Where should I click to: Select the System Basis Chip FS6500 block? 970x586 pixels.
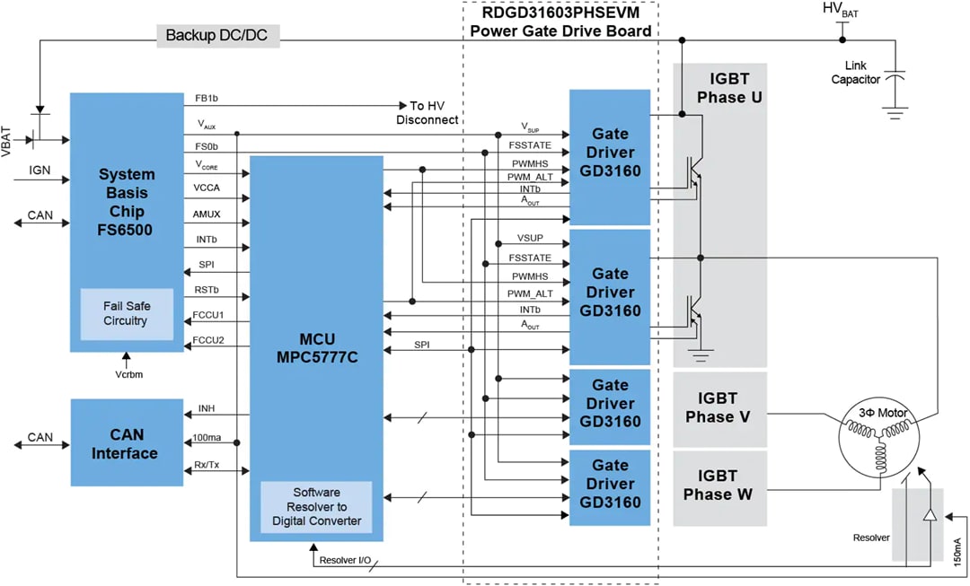click(127, 203)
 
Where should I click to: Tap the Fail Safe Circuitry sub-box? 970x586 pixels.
click(126, 314)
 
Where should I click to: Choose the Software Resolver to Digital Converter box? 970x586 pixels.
click(315, 507)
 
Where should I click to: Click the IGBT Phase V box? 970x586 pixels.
click(719, 408)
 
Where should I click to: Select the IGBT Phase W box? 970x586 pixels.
click(719, 485)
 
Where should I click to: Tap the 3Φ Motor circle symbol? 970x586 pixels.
click(876, 441)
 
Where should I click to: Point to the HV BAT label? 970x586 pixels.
click(841, 10)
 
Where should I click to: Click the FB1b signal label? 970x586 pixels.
click(207, 98)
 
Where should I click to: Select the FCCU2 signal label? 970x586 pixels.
click(208, 340)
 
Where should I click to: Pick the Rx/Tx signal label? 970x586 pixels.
click(207, 463)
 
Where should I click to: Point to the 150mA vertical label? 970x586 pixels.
click(957, 547)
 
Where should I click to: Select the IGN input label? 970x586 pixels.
click(40, 171)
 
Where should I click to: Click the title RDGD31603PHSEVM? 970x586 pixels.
click(560, 13)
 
